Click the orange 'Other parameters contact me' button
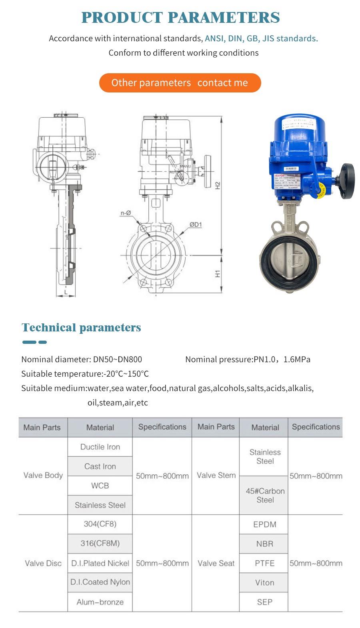[180, 83]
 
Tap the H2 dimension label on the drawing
[218, 185]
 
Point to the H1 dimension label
[218, 274]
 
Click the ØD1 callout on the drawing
[196, 225]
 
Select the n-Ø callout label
[126, 213]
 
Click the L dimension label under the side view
[66, 293]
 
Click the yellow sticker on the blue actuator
[321, 191]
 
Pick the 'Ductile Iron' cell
[100, 447]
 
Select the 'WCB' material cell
[100, 486]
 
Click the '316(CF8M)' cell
[100, 543]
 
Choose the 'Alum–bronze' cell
[100, 602]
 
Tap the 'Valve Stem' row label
[216, 475]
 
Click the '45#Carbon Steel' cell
[265, 495]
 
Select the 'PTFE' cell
[265, 563]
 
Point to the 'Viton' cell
[265, 582]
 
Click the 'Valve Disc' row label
[43, 563]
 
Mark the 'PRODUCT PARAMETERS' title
[180, 18]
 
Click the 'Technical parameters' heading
[81, 327]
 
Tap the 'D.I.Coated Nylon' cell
[100, 582]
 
